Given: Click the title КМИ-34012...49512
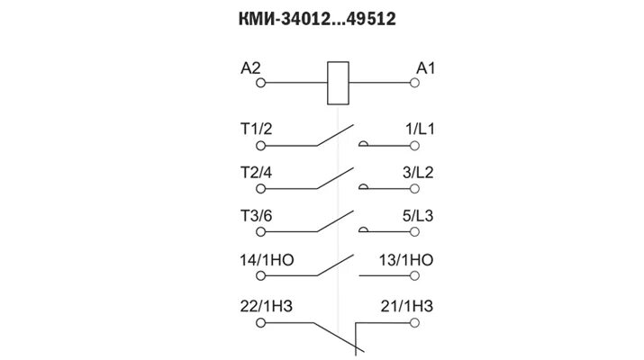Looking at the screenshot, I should (x=322, y=18).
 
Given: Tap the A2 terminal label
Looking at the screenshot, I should (x=251, y=67).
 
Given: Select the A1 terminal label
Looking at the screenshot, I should (x=425, y=67).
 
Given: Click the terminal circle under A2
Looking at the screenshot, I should (x=261, y=84).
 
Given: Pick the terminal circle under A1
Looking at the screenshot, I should (x=414, y=84).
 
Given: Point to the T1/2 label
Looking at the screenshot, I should (x=258, y=129).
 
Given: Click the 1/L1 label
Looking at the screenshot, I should (x=420, y=129).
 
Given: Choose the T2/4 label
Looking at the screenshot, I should (x=258, y=173).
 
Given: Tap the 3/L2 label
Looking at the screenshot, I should (x=420, y=173).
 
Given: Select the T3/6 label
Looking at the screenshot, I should (x=258, y=217).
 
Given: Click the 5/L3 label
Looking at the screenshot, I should (x=420, y=217).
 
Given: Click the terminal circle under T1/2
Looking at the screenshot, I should (x=261, y=144).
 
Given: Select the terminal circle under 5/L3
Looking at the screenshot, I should (x=414, y=232).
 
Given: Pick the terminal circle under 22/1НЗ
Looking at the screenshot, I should (x=261, y=321).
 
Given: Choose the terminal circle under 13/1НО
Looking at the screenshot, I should (x=414, y=276).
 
